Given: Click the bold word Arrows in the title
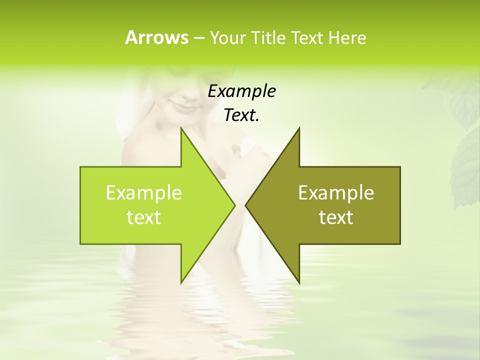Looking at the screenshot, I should (156, 37).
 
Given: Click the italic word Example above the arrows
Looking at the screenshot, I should (241, 91).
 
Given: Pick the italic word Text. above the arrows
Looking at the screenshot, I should (241, 115).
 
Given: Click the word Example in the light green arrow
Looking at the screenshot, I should (144, 192).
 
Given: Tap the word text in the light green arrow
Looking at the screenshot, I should (144, 217).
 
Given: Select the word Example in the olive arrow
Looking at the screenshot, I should (336, 192).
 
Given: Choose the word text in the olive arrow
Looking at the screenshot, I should (336, 217).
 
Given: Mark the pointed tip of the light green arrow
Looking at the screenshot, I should (234, 205).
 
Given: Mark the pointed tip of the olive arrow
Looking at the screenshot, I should (245, 205).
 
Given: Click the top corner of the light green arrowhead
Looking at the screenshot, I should (181, 128).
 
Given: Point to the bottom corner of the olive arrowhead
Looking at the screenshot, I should (299, 282).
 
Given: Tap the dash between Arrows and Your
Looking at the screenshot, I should (198, 38).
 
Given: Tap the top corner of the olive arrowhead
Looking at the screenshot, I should (299, 128).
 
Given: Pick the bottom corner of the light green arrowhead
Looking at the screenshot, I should (181, 282).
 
